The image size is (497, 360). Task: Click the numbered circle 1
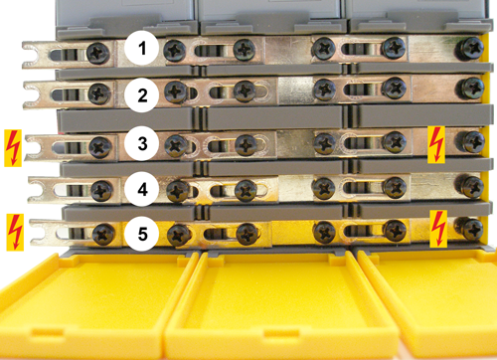(x=142, y=49)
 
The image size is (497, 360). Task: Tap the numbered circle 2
(x=142, y=95)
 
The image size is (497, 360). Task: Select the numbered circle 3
(x=142, y=143)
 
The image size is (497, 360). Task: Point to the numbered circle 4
(x=142, y=189)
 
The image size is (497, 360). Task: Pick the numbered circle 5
(x=142, y=234)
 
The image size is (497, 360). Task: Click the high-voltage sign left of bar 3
(x=13, y=148)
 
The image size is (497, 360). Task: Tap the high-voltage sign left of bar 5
(x=15, y=232)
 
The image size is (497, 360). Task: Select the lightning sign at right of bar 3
(x=436, y=144)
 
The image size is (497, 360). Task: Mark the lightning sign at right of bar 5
(x=438, y=229)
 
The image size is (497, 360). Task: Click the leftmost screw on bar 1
(x=98, y=54)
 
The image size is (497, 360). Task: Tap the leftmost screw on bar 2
(x=99, y=93)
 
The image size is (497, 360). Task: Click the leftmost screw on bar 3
(x=100, y=147)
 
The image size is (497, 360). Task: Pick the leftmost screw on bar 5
(x=103, y=234)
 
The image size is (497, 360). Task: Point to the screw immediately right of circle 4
(x=178, y=191)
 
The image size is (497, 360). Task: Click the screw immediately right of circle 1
(x=175, y=51)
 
